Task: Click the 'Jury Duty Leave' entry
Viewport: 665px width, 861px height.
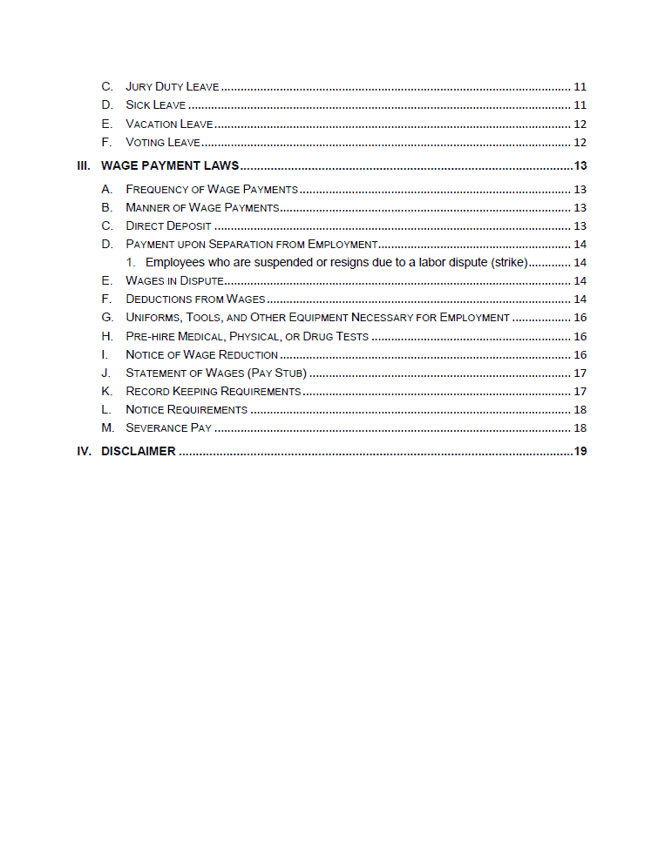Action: tap(172, 87)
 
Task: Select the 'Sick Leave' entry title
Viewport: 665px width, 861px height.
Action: tap(155, 105)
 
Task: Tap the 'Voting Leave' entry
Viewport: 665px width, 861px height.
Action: tap(163, 142)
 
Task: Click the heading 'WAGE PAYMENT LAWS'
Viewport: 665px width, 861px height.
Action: tap(170, 166)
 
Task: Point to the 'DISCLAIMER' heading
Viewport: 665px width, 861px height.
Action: tap(139, 451)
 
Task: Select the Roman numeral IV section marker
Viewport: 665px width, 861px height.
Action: tap(84, 451)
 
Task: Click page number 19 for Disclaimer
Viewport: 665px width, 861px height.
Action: tap(580, 451)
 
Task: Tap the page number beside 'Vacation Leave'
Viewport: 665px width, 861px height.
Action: tap(580, 124)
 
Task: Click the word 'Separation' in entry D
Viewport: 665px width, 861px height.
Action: tap(241, 245)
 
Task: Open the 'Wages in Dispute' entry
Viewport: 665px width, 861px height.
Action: tap(174, 281)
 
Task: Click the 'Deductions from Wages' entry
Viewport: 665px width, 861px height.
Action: tap(195, 299)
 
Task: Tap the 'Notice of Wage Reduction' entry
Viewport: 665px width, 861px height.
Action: tap(201, 354)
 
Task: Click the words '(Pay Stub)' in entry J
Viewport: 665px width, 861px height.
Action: tap(278, 373)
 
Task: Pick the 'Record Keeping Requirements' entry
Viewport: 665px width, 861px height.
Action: tap(213, 391)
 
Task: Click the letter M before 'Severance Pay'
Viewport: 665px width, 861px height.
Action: tap(107, 427)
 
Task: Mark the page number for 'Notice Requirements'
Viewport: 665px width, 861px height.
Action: tap(580, 409)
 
